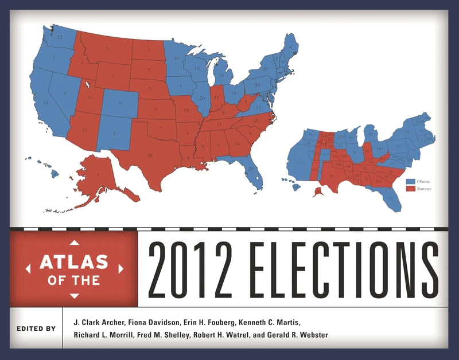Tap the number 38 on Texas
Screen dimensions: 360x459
pyautogui.click(x=151, y=155)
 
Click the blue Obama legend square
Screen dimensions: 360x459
pyautogui.click(x=410, y=181)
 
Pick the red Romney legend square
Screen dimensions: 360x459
pyautogui.click(x=410, y=189)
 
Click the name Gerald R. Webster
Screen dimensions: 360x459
pyautogui.click(x=301, y=335)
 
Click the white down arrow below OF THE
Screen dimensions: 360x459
pyautogui.click(x=73, y=295)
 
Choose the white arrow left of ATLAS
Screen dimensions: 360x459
pyautogui.click(x=27, y=268)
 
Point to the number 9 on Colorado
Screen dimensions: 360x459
pyautogui.click(x=119, y=104)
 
